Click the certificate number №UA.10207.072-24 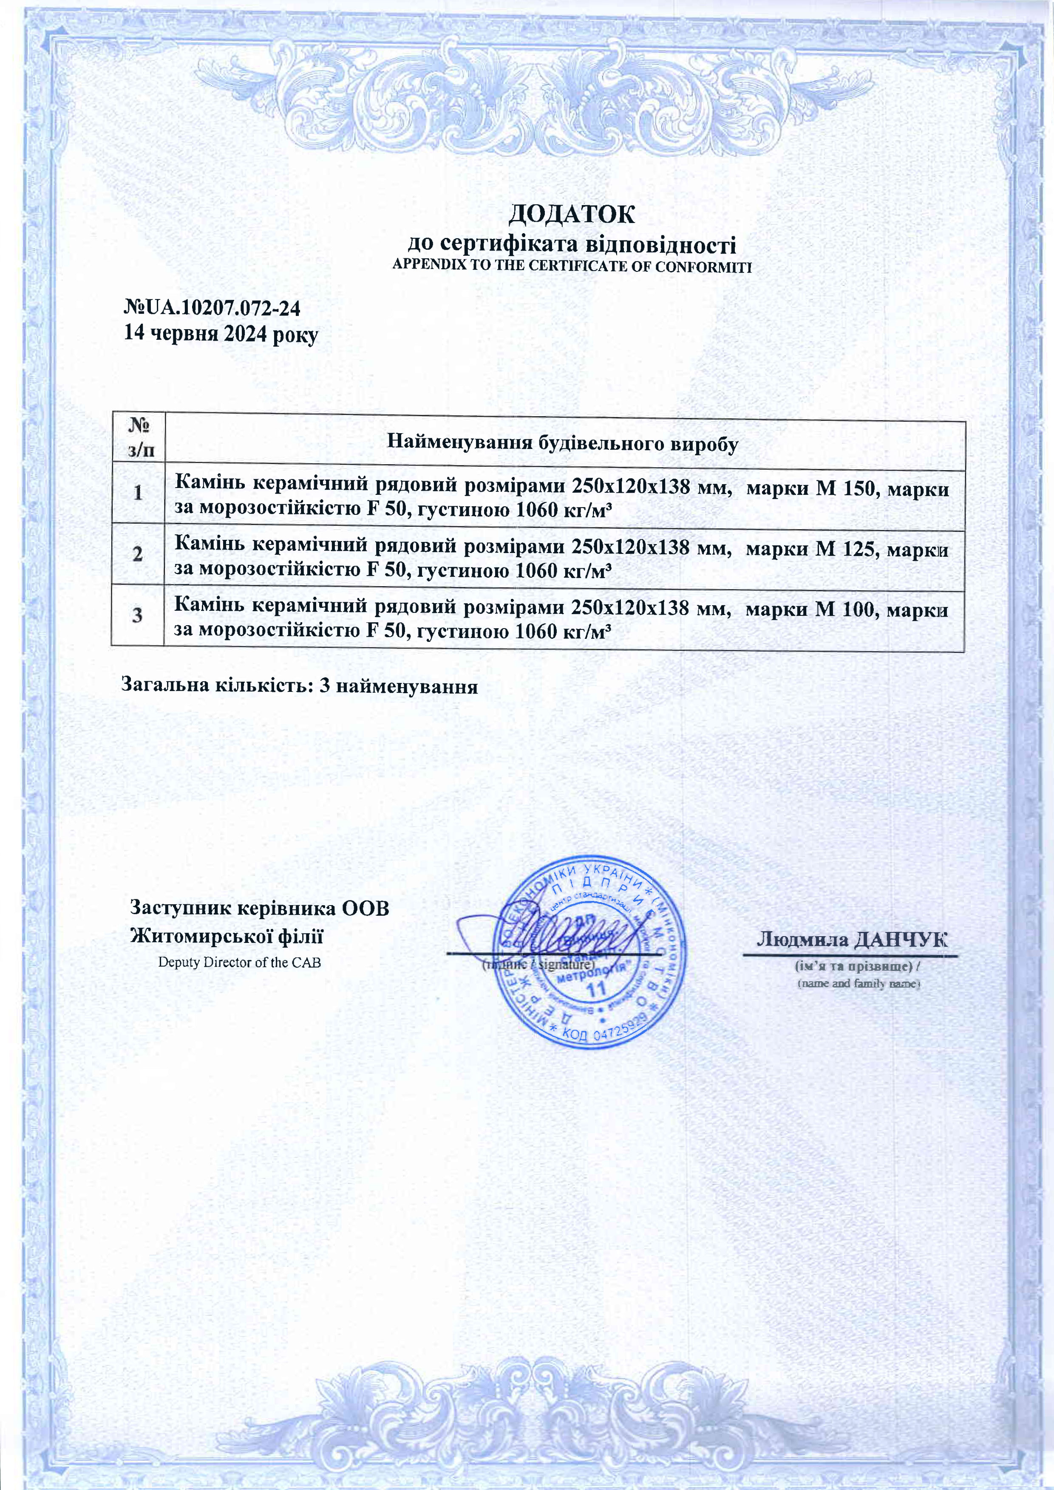[x=212, y=308]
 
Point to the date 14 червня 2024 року [x=221, y=334]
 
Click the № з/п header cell [x=138, y=438]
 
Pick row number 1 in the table [x=138, y=493]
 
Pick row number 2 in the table [x=138, y=554]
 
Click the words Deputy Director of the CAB [x=240, y=962]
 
